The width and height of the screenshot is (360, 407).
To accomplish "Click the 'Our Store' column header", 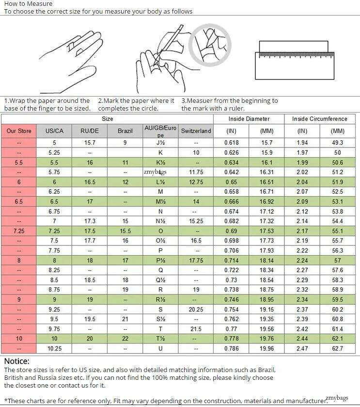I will tap(19, 131).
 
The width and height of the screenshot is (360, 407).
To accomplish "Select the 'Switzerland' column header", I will tap(196, 131).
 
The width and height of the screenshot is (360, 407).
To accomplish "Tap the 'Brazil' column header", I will tap(125, 131).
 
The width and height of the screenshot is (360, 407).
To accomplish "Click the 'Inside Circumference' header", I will tap(319, 119).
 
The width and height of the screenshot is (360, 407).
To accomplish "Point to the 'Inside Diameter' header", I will tap(249, 119).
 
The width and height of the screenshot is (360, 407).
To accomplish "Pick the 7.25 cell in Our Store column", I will tap(19, 231).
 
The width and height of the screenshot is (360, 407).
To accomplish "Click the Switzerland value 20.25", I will tap(196, 309).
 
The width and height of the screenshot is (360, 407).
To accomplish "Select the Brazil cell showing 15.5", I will tap(125, 231).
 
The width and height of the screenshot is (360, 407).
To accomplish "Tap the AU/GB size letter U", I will tap(160, 349).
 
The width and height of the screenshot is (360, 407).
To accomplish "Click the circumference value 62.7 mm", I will tap(338, 349).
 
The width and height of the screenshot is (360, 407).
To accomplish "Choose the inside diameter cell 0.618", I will tap(231, 143).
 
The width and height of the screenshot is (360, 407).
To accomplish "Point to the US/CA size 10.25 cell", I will tap(54, 349).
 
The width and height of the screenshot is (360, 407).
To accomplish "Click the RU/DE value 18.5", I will tap(90, 280).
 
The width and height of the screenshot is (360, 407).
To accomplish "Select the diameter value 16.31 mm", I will tap(266, 172).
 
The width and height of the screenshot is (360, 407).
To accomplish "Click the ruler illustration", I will tap(294, 60).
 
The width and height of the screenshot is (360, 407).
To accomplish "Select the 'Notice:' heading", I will tap(16, 361).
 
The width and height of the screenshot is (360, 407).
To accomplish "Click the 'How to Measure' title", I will tap(28, 3).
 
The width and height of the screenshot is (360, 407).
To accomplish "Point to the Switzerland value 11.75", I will tap(196, 172).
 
